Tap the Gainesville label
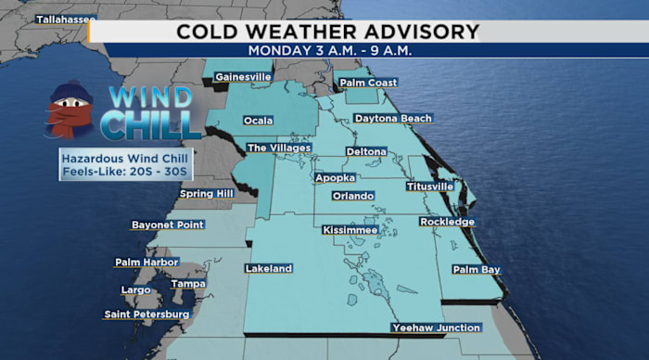pos(243,76)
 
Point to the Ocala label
pos(258,121)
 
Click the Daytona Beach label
pos(394,119)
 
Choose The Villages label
pos(279,148)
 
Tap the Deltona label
pos(365,150)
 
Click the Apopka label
pos(335,176)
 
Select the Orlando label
pos(353,196)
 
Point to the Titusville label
pos(430,186)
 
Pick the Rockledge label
pos(447,222)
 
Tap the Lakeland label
pos(269,268)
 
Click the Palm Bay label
pos(477,269)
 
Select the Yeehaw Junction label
pos(436,328)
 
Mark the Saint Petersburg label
pos(146,315)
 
